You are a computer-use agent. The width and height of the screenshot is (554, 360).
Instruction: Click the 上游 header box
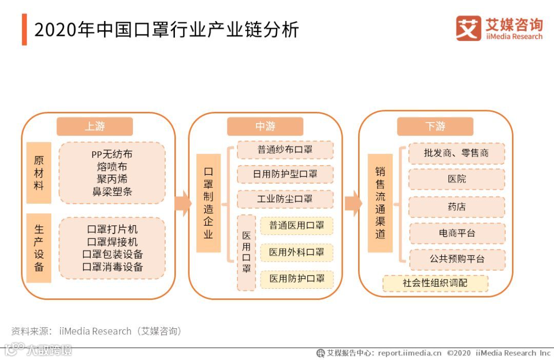[x=94, y=127]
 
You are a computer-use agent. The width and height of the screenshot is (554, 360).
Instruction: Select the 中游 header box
[x=265, y=127]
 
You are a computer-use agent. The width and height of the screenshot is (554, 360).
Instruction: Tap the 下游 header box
[x=435, y=127]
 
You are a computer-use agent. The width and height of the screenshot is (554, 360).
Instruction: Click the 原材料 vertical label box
[x=39, y=173]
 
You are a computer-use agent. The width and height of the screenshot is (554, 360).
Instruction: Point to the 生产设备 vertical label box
[x=39, y=248]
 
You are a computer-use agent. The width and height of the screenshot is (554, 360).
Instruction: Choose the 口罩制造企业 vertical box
[x=208, y=203]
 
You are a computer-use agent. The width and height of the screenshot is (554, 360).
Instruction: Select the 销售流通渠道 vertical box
[x=380, y=203]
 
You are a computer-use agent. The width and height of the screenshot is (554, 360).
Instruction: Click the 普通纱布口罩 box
[x=285, y=150]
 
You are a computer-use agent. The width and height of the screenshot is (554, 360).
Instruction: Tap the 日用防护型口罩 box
[x=285, y=174]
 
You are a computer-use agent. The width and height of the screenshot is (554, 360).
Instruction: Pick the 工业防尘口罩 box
[x=285, y=199]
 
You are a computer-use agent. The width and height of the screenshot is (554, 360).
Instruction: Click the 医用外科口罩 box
[x=296, y=252]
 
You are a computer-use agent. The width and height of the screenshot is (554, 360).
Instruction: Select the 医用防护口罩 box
[x=296, y=279]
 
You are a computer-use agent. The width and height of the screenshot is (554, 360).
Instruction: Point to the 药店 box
[x=457, y=207]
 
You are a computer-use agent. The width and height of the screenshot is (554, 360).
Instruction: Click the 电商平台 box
[x=457, y=233]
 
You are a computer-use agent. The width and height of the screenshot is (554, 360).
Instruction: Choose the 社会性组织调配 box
[x=435, y=283]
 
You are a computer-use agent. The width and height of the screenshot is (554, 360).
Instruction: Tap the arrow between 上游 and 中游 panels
[x=183, y=204]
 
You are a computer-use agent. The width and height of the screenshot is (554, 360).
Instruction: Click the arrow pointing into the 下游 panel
[x=352, y=204]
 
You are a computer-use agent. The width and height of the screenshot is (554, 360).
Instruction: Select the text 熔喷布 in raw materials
[x=112, y=167]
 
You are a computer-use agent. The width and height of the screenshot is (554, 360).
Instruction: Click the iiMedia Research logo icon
[x=468, y=28]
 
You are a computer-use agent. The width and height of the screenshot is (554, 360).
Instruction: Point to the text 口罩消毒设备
[x=112, y=267]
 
